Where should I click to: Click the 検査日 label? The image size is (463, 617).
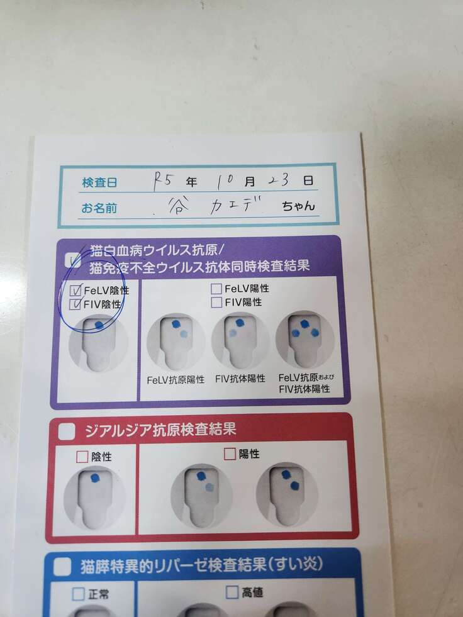click(x=99, y=182)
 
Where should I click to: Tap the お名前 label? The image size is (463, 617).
click(x=99, y=208)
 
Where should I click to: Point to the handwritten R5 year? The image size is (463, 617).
click(x=162, y=181)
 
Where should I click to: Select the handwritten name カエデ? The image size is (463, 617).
click(x=237, y=205)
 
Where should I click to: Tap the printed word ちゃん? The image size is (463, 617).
click(x=298, y=206)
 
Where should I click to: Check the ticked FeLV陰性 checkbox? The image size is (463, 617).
click(x=75, y=291)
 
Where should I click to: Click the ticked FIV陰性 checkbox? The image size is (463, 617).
click(x=75, y=304)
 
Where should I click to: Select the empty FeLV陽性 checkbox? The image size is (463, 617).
click(x=216, y=289)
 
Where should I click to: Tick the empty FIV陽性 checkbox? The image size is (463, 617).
click(x=216, y=302)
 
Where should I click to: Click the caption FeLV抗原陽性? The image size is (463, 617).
click(x=176, y=380)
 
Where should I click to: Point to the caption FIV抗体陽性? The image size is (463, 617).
click(x=240, y=379)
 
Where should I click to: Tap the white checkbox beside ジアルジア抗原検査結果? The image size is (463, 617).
click(x=67, y=431)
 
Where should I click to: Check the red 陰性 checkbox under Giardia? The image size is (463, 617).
click(x=82, y=457)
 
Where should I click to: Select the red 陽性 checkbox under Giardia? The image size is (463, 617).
click(x=230, y=453)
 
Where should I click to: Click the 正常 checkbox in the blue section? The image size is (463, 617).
click(x=79, y=594)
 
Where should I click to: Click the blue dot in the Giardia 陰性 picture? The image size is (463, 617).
click(x=95, y=478)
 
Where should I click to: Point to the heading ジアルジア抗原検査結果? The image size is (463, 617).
click(x=160, y=430)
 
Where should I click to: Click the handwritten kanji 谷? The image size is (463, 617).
click(x=177, y=206)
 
